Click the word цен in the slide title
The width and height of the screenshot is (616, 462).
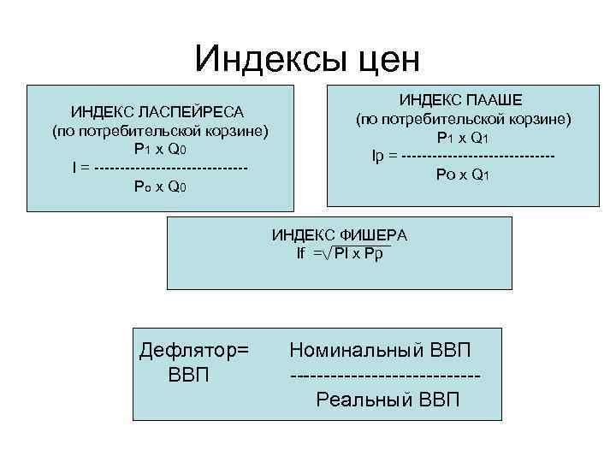(x=385, y=59)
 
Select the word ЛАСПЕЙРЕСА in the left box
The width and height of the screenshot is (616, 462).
(x=188, y=112)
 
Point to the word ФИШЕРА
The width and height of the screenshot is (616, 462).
(x=374, y=234)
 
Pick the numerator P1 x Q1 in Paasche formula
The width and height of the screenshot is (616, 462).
(x=463, y=138)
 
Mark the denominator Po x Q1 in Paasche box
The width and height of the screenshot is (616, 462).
(x=463, y=175)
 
